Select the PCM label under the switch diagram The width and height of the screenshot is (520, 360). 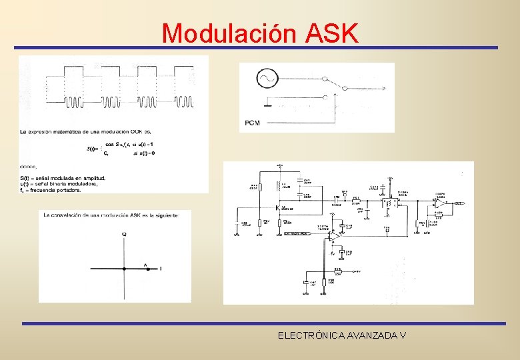point(253,123)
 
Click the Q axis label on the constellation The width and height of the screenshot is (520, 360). point(124,234)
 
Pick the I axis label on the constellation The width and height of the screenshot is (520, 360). point(160,269)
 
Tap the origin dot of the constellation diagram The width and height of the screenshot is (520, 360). point(124,269)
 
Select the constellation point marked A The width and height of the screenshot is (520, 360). point(146,269)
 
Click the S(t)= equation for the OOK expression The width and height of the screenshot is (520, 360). point(93,148)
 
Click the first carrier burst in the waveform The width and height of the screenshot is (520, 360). point(74,101)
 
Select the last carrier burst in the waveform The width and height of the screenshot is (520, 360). point(184,101)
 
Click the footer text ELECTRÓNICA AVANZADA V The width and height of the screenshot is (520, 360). point(342,335)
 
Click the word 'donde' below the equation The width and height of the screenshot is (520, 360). point(28,166)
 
